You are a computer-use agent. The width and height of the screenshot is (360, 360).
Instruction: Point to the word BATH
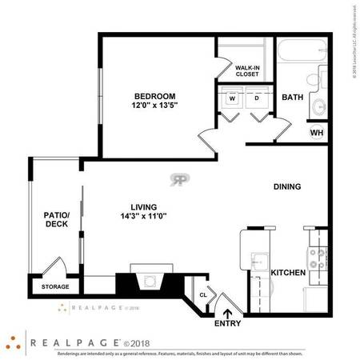[292, 98]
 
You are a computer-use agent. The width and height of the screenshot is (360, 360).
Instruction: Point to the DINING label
[287, 187]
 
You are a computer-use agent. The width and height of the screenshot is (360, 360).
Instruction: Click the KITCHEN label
[288, 274]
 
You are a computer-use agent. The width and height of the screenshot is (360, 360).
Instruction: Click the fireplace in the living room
[149, 282]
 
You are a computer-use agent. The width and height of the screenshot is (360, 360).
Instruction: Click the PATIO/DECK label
[56, 219]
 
